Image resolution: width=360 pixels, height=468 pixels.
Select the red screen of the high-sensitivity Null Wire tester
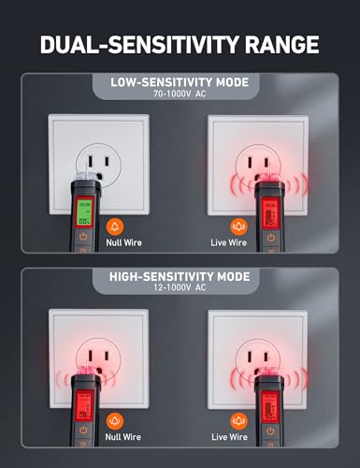click(85, 411)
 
